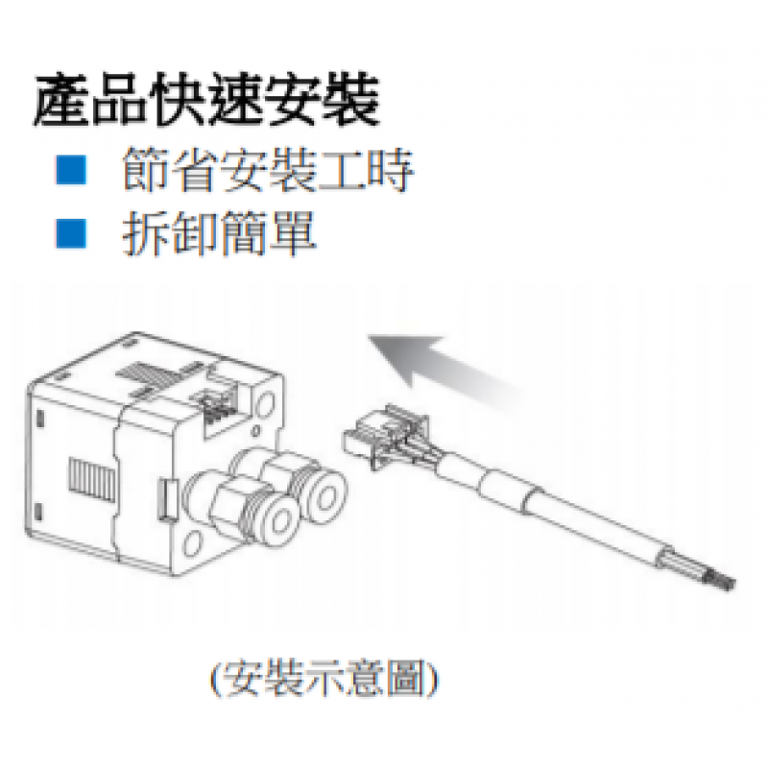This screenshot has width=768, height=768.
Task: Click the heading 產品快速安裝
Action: (206, 102)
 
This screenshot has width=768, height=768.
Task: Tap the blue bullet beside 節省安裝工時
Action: (71, 170)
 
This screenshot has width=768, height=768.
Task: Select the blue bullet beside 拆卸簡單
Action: (71, 233)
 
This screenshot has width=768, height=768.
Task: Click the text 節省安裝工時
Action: (269, 170)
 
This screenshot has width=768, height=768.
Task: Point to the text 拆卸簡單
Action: (220, 233)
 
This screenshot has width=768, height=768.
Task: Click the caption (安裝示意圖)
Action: (324, 680)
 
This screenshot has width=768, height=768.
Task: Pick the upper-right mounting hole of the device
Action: (265, 406)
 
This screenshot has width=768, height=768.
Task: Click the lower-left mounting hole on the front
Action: (193, 542)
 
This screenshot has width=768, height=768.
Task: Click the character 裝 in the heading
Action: (351, 102)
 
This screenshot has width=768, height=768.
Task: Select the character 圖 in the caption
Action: (405, 680)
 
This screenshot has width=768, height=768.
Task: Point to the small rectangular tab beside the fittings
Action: (166, 498)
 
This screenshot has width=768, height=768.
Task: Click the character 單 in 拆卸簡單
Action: (293, 233)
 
